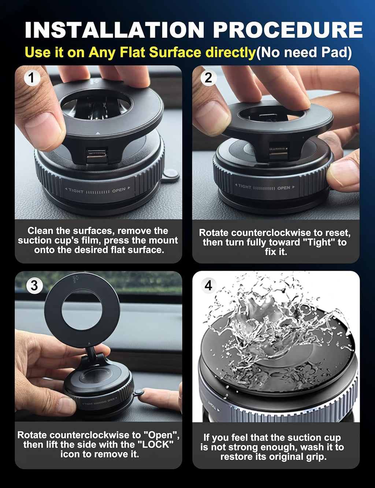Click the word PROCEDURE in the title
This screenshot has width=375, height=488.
click(x=288, y=30)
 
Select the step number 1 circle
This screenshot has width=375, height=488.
click(x=31, y=77)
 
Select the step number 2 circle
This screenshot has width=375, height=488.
click(x=208, y=77)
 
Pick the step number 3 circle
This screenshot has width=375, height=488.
click(x=34, y=285)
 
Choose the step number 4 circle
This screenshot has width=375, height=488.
click(x=208, y=285)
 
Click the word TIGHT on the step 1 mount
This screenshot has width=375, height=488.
click(x=75, y=191)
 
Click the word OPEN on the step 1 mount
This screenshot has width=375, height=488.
click(x=119, y=190)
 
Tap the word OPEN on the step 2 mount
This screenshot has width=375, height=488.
click(x=283, y=188)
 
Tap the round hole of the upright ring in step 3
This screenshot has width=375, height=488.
click(x=81, y=310)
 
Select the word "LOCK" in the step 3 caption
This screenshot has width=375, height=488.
click(x=157, y=444)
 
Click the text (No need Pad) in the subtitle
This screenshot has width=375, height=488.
click(x=304, y=52)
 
